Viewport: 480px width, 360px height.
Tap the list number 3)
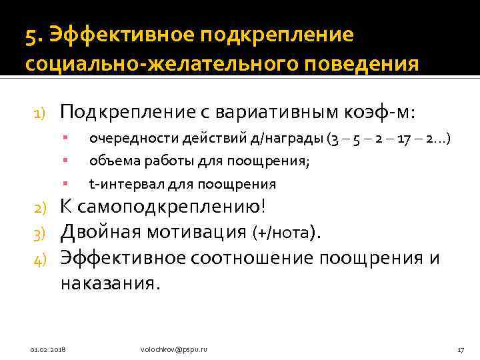pyautogui.click(x=39, y=233)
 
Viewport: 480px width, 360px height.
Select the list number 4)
pyautogui.click(x=39, y=258)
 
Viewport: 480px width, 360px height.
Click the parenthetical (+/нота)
pyautogui.click(x=287, y=233)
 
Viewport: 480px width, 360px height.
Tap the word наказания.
pyautogui.click(x=111, y=283)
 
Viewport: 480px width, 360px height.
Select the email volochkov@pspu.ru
pyautogui.click(x=174, y=349)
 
